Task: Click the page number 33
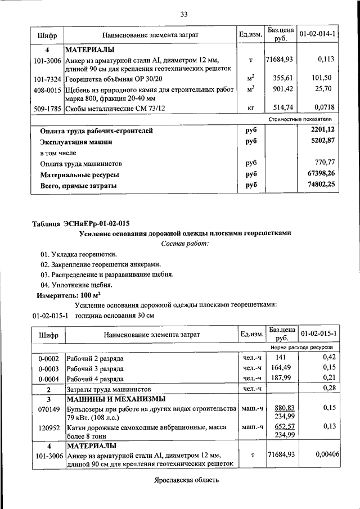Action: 183,14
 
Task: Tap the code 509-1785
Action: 48,109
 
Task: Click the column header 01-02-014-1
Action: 318,35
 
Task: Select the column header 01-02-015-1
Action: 318,334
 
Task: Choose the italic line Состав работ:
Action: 184,244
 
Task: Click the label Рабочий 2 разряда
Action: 95,358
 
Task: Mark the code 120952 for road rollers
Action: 48,427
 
